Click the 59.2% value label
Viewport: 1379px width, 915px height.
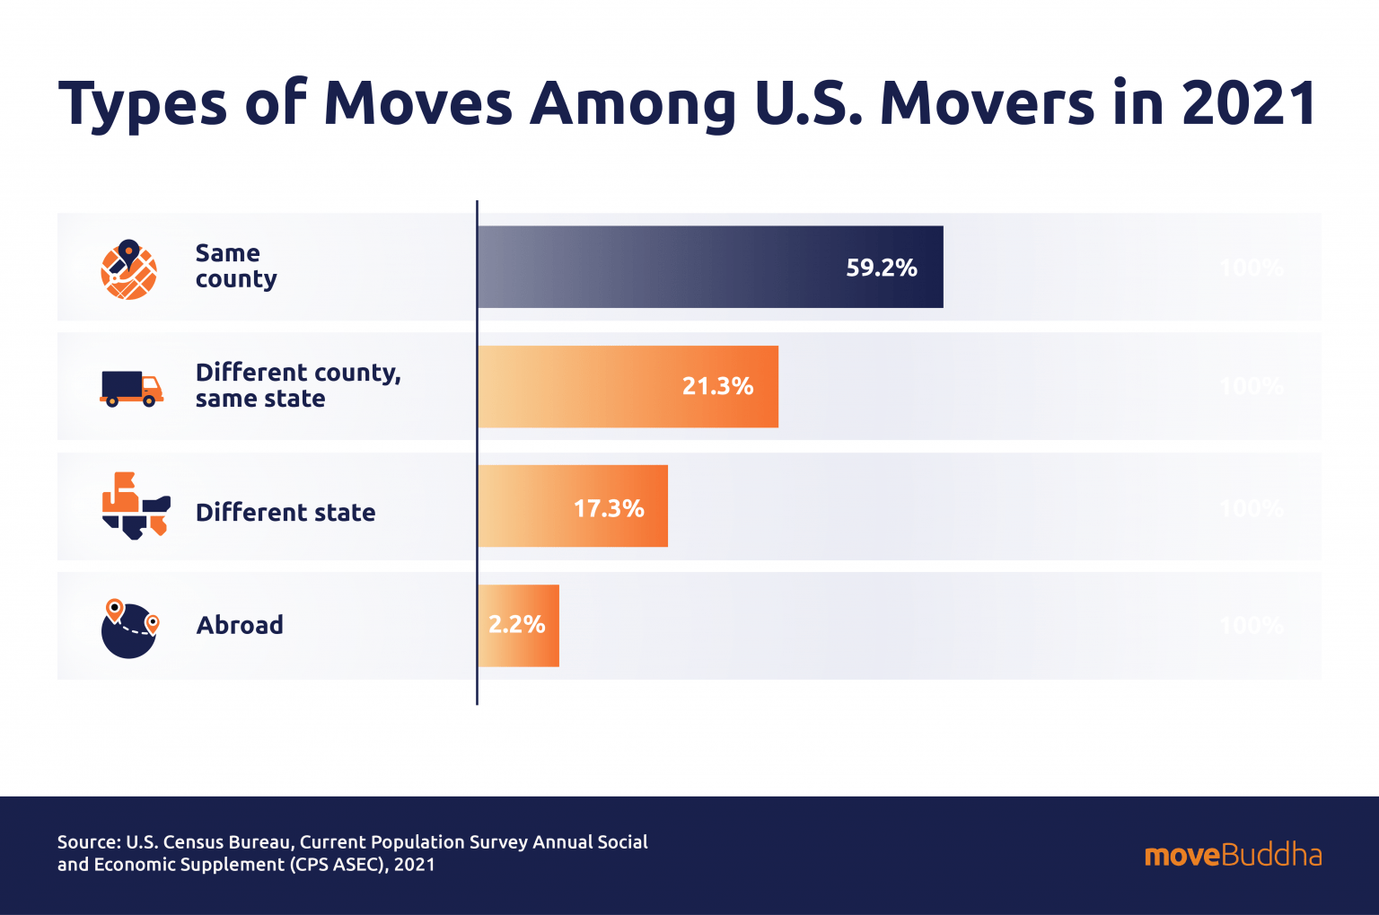pyautogui.click(x=881, y=268)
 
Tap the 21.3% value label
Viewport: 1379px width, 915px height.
pyautogui.click(x=717, y=386)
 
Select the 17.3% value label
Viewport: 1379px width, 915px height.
pyautogui.click(x=609, y=509)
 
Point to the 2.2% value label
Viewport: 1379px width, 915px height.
pyautogui.click(x=516, y=625)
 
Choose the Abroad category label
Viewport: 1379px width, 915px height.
pyautogui.click(x=240, y=625)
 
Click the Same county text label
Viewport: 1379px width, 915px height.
pyautogui.click(x=235, y=266)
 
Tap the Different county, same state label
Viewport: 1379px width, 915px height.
pyautogui.click(x=297, y=385)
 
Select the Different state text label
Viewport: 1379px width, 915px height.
pyautogui.click(x=285, y=513)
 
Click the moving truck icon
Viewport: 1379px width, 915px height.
pyautogui.click(x=131, y=389)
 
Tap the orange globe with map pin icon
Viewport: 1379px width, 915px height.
pyautogui.click(x=128, y=269)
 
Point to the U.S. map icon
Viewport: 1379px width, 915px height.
pyautogui.click(x=136, y=506)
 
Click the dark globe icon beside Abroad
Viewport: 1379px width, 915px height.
pyautogui.click(x=129, y=629)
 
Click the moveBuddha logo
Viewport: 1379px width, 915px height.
pyautogui.click(x=1233, y=855)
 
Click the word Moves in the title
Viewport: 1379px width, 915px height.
pyautogui.click(x=417, y=103)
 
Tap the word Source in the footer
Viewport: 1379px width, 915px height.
pyautogui.click(x=87, y=842)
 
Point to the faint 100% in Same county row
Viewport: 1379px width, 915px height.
pyautogui.click(x=1252, y=268)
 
